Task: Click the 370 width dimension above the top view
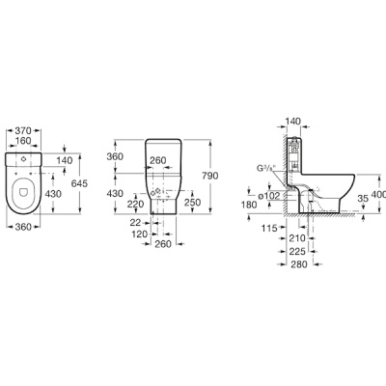point(23,130)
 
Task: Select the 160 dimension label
point(23,141)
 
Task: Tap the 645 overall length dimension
point(79,183)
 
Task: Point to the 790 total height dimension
point(210,176)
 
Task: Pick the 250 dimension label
point(192,203)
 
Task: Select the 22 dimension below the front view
point(136,222)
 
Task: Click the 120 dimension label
point(140,234)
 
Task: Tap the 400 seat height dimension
point(379,194)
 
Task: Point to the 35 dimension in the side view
point(363,199)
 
